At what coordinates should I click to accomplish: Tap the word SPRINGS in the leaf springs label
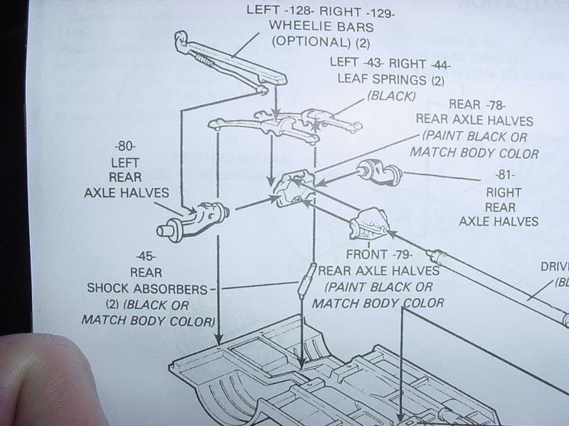(401, 77)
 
